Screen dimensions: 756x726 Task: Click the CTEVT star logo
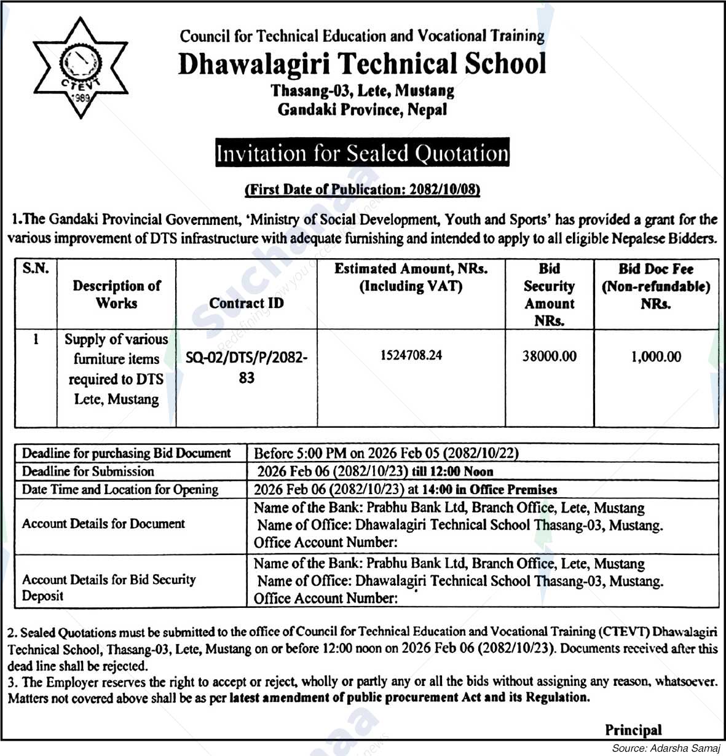(x=80, y=67)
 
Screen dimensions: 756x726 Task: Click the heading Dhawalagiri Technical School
(x=362, y=64)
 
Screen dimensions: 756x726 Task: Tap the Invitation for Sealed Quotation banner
(x=362, y=154)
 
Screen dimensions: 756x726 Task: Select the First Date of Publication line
(x=362, y=189)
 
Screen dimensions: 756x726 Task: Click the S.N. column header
(x=36, y=269)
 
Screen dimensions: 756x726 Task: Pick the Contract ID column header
(x=246, y=303)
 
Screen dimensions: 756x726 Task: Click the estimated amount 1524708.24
(x=411, y=355)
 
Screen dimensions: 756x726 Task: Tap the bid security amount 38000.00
(x=549, y=356)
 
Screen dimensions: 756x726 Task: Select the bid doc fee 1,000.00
(x=656, y=356)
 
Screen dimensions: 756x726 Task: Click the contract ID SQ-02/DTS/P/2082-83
(x=246, y=367)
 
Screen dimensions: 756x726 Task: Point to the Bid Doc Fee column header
(x=656, y=286)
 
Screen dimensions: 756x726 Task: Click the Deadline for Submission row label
(x=88, y=471)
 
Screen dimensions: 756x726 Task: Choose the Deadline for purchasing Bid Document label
(x=126, y=454)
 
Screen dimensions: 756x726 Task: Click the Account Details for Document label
(x=103, y=524)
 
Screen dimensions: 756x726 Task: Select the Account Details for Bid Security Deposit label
(x=108, y=587)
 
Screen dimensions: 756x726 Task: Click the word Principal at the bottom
(x=633, y=730)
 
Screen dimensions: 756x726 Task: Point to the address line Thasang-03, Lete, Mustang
(x=362, y=92)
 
